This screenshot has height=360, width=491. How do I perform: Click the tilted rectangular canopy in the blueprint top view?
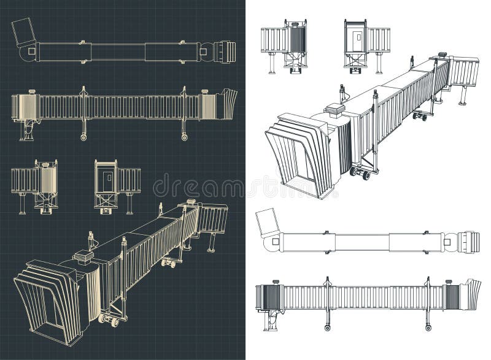point(24,32)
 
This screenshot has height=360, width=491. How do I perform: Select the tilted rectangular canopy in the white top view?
point(268,222)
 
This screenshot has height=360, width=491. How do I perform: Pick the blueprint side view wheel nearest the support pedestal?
point(83,137)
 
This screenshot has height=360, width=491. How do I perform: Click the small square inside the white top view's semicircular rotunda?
point(274,242)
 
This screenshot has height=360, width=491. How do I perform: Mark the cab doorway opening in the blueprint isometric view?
point(51,310)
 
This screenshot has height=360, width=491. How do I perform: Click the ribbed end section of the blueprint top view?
point(225,52)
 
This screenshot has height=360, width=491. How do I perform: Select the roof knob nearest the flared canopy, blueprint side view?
point(205,91)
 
